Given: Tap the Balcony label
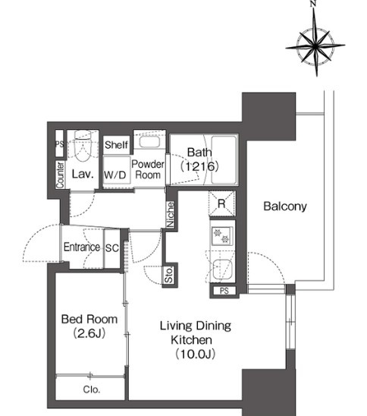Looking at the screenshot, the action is (x=285, y=206).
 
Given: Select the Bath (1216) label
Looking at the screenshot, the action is (x=199, y=159).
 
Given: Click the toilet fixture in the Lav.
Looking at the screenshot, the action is (x=83, y=147).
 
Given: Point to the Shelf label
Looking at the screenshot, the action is (x=116, y=145).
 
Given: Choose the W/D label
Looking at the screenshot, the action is (x=115, y=175).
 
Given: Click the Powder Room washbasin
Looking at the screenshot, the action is (x=149, y=141).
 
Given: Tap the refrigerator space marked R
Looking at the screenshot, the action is (x=221, y=203).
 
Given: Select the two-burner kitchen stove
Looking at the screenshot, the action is (x=222, y=236).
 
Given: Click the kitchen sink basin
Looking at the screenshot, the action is (x=223, y=269).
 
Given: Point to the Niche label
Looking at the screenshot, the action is (x=171, y=214).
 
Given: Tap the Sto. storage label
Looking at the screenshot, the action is (x=169, y=275).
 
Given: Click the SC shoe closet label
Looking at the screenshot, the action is (x=111, y=248).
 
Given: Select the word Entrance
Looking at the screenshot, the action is (x=82, y=247).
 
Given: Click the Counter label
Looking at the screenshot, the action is (x=60, y=175).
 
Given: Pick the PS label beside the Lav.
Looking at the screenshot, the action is (x=59, y=143).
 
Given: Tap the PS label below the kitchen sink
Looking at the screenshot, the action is (x=224, y=291).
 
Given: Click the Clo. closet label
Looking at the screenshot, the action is (x=92, y=389).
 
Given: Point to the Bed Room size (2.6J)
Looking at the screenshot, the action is (x=89, y=333).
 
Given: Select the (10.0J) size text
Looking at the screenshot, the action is (x=196, y=354).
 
